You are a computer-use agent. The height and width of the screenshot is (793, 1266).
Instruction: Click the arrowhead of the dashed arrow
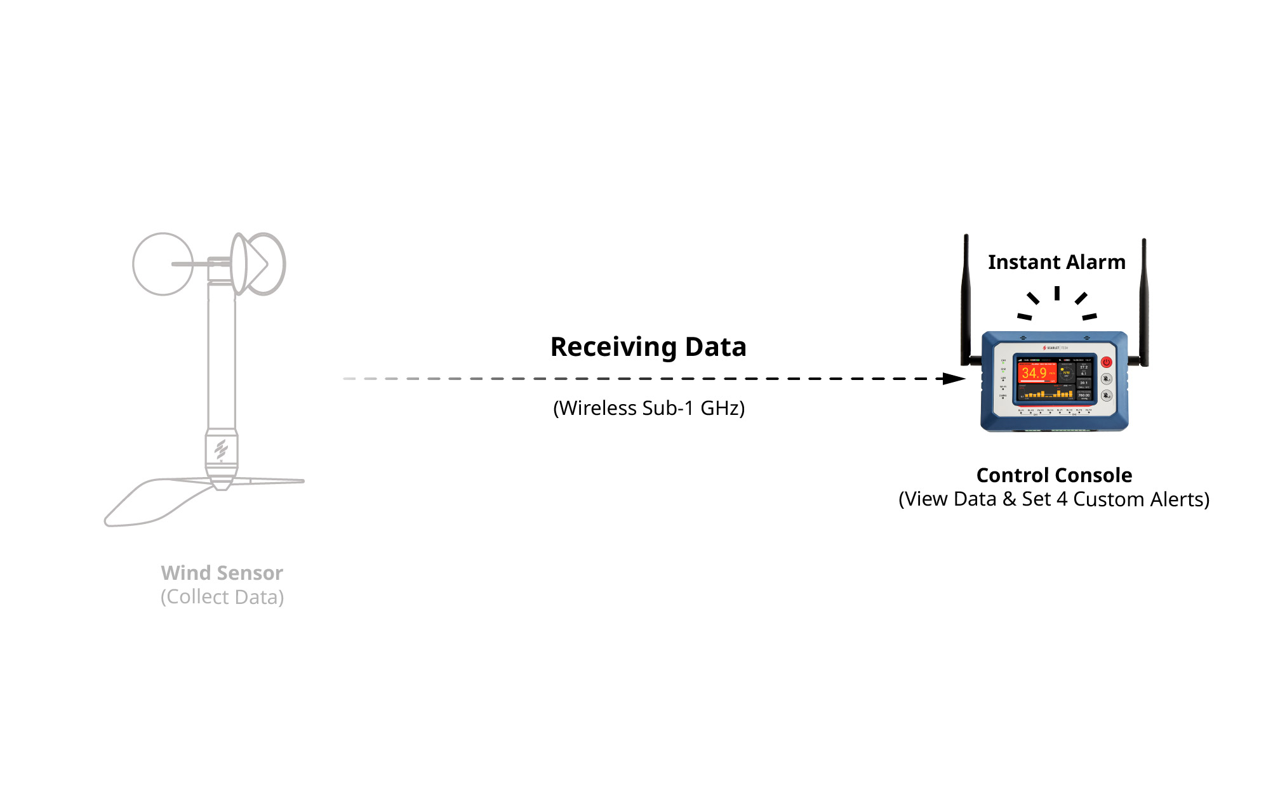pos(954,379)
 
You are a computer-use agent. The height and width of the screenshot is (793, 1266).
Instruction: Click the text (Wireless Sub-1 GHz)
pos(649,408)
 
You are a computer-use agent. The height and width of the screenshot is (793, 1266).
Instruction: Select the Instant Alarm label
pos(1056,262)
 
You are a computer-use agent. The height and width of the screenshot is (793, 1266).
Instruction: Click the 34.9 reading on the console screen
pos(1034,373)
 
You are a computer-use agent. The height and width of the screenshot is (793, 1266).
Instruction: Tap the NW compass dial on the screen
pos(1066,372)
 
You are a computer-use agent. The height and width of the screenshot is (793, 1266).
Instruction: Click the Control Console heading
pos(1054,475)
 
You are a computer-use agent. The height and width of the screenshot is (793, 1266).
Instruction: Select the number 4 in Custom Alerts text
pos(1062,499)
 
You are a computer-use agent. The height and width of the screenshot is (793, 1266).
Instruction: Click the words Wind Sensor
pos(222,573)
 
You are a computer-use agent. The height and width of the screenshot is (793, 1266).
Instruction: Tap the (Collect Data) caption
pos(222,597)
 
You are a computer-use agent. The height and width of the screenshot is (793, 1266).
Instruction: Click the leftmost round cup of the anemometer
pos(163,264)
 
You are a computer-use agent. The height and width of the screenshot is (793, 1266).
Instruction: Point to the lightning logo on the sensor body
pos(221,449)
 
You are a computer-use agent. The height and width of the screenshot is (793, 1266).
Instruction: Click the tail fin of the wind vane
pos(152,502)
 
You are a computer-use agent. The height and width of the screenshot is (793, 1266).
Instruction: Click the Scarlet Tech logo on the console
pos(1055,348)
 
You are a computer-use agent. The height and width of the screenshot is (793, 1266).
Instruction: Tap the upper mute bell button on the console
pos(1106,379)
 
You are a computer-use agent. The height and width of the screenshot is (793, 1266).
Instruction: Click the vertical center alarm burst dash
pos(1056,293)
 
